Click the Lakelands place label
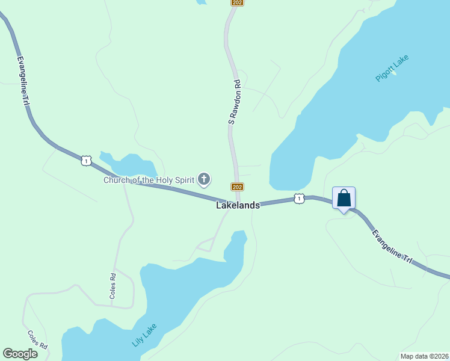[238, 205]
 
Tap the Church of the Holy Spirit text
[149, 180]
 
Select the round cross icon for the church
[205, 178]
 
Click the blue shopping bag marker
[344, 198]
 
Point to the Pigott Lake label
[392, 68]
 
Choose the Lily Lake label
[144, 336]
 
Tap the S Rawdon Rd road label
[235, 102]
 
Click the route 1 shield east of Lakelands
[298, 199]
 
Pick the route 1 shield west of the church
[86, 161]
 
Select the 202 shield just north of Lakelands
[237, 187]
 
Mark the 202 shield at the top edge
[237, 3]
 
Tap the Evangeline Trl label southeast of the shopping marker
[392, 247]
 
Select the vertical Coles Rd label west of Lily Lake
[112, 286]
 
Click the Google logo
[20, 354]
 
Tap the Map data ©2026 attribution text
[424, 356]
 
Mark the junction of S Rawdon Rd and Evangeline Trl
[238, 200]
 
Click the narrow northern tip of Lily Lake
[239, 236]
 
